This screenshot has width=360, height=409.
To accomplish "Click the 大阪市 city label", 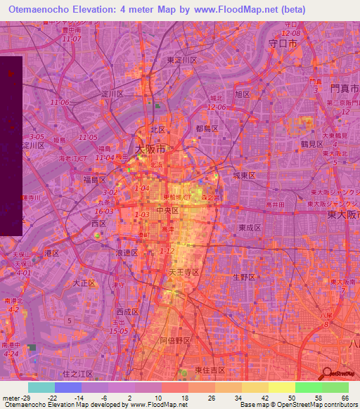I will [150, 150].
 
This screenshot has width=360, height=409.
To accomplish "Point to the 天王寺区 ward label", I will [183, 271].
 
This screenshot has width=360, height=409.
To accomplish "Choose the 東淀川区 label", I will [182, 60].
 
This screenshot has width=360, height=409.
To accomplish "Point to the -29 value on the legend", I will [31, 397].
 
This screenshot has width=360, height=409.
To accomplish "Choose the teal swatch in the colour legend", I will [41, 387].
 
